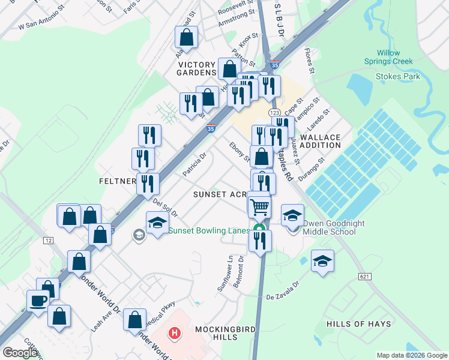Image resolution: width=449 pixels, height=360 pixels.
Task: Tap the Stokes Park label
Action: coord(397,76)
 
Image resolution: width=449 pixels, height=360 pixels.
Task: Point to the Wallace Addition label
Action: coord(320,142)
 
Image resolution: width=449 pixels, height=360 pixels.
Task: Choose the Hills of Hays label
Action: coord(358,324)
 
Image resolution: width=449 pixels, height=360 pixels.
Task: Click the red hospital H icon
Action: coord(175,332)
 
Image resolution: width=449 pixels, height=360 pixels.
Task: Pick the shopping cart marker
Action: coord(259,206)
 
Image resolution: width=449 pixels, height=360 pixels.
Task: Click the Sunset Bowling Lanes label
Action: coord(209,231)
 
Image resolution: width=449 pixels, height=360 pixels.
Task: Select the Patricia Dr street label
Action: coord(194,164)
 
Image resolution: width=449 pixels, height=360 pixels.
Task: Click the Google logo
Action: coord(20,353)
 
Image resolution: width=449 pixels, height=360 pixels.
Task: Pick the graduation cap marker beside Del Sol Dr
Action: coord(157,223)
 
